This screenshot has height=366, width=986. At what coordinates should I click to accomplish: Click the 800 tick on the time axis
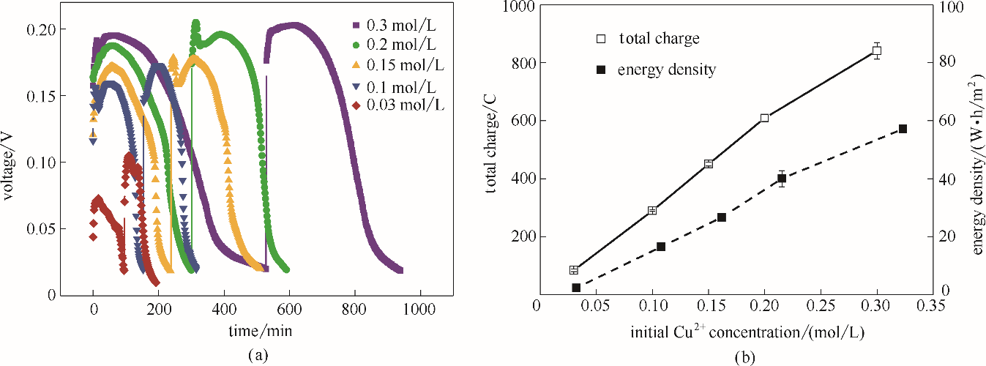[355, 309]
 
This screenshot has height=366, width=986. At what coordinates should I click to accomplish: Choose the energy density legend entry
[656, 70]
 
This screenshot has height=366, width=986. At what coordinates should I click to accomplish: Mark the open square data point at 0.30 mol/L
[877, 51]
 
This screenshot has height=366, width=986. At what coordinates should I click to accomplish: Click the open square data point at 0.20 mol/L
[764, 118]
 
